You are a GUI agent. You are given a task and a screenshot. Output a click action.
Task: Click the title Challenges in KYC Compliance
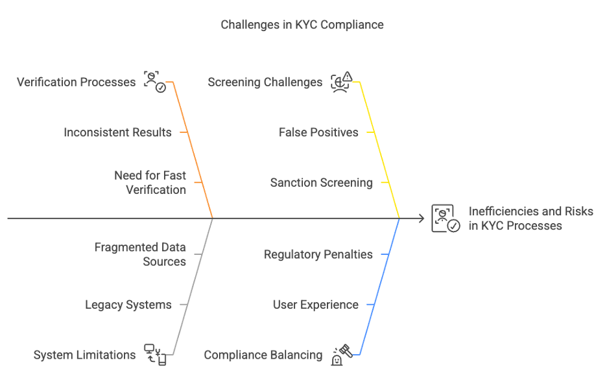click(302, 25)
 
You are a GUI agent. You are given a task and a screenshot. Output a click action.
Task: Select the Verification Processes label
click(76, 82)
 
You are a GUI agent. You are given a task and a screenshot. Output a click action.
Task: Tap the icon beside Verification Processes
click(154, 82)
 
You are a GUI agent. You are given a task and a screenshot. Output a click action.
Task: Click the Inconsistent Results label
click(117, 132)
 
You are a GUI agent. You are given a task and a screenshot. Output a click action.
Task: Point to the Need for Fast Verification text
click(150, 182)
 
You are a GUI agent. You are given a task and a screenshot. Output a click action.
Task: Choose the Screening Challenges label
click(265, 82)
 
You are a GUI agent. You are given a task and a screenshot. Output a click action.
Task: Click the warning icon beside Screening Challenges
click(341, 82)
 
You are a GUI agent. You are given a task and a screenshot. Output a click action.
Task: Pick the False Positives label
click(318, 132)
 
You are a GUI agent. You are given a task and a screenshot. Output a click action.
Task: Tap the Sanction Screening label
click(321, 183)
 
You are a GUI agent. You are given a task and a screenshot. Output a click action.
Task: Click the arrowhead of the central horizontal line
click(422, 219)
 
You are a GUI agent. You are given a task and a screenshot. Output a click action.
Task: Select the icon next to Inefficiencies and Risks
click(446, 219)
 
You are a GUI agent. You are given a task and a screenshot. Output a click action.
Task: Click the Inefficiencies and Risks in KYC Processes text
click(530, 219)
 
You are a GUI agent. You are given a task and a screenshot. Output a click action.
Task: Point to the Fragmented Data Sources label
click(140, 254)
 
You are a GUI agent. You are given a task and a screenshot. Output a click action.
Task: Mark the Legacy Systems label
click(128, 305)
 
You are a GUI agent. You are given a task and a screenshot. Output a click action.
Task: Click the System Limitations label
click(84, 355)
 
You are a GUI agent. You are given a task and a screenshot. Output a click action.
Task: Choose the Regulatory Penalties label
click(318, 254)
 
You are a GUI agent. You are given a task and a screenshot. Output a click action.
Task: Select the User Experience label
click(315, 305)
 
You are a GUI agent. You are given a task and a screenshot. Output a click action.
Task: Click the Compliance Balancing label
click(263, 355)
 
